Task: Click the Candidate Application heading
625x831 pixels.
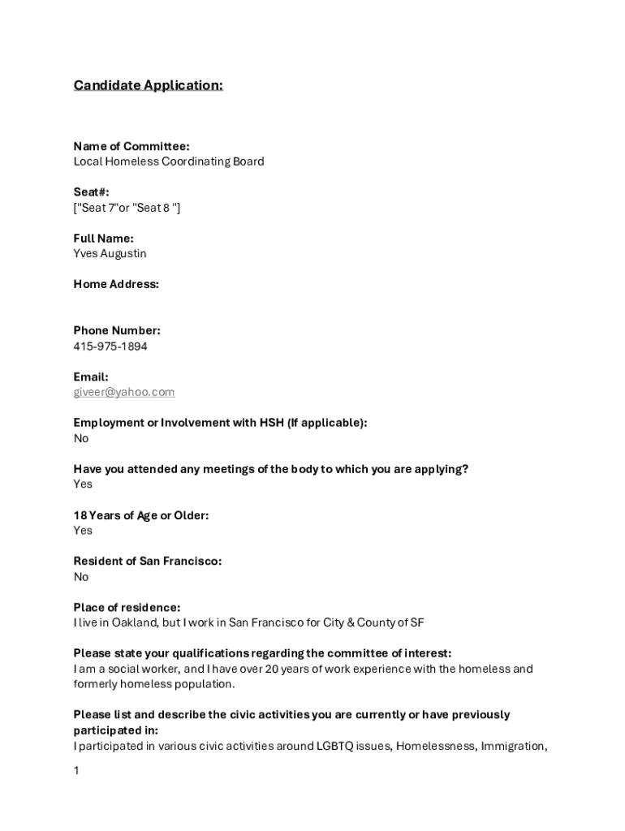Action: pos(148,85)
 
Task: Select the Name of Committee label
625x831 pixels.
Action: pos(131,146)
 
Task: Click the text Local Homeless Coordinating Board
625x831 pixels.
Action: pos(169,161)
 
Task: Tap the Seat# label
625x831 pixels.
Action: pos(91,192)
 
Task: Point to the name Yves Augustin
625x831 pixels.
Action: pos(110,254)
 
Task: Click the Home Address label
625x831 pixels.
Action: pos(116,284)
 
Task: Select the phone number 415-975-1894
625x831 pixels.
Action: pos(110,347)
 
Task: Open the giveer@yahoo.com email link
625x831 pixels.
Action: pos(124,393)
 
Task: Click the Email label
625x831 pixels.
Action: pos(91,377)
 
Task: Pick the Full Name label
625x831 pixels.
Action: pos(104,239)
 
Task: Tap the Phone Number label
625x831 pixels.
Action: pos(117,331)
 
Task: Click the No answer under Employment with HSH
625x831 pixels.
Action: pos(81,439)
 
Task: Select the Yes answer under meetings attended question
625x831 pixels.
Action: pos(83,484)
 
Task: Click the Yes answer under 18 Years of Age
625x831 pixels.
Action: pos(83,531)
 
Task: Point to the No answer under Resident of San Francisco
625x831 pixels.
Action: pos(81,577)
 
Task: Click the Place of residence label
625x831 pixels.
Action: pos(127,608)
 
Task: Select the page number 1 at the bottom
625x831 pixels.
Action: pos(76,771)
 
